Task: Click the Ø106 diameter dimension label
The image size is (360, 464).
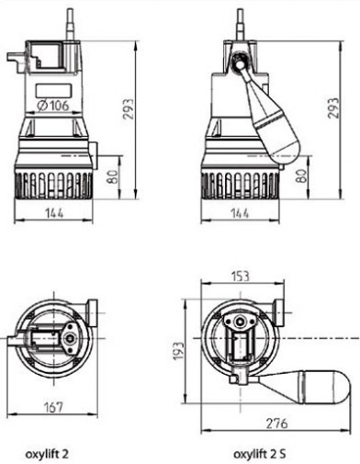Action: [53, 106]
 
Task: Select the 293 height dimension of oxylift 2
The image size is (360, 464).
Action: [129, 108]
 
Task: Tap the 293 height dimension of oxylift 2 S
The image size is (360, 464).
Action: [333, 108]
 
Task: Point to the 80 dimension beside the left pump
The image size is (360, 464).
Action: [113, 176]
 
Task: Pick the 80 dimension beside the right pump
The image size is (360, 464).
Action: [302, 176]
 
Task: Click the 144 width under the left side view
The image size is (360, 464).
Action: [54, 213]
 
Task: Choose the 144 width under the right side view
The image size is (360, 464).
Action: [240, 213]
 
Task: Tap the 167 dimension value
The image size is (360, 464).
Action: [53, 407]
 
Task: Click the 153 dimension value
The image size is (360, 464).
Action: [240, 276]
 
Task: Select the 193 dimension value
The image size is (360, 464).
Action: [178, 350]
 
